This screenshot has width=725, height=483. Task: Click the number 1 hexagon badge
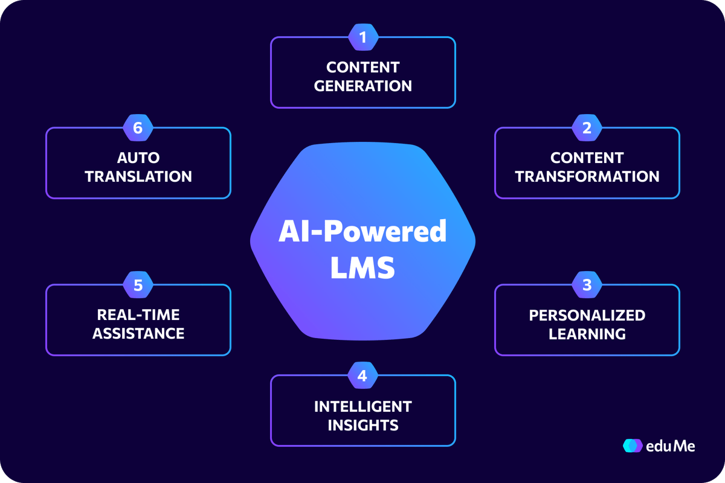(363, 37)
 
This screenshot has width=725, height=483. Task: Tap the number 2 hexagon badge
(587, 128)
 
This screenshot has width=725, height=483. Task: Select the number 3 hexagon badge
(587, 285)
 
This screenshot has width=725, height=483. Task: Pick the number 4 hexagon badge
(362, 376)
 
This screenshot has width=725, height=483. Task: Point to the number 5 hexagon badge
(138, 285)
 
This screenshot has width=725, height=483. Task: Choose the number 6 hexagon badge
(138, 128)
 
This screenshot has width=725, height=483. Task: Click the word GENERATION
(363, 86)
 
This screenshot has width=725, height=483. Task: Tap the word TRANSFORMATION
(587, 177)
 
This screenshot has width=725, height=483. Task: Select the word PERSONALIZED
(587, 315)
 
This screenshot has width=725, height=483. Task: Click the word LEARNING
(587, 334)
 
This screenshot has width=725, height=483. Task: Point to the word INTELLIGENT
(363, 407)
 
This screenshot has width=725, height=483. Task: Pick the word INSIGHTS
(363, 425)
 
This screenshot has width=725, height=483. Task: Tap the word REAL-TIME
(138, 315)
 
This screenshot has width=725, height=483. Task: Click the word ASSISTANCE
(138, 333)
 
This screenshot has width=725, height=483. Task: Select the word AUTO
(138, 158)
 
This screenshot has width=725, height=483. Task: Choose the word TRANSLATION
(138, 177)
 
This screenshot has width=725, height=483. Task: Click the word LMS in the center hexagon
(362, 267)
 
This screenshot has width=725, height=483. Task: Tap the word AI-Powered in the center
(362, 231)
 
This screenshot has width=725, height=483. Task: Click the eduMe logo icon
(633, 446)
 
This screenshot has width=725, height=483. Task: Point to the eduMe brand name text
(670, 446)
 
